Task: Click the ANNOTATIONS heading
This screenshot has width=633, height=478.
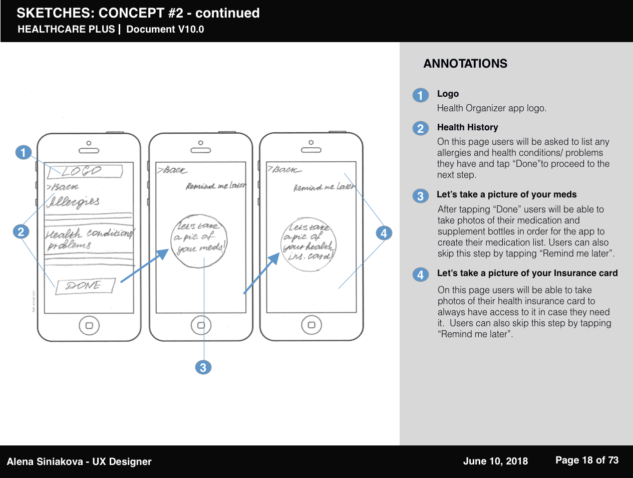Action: (465, 64)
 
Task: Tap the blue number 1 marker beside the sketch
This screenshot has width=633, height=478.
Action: (23, 152)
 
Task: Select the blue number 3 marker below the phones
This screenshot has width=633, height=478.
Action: (203, 367)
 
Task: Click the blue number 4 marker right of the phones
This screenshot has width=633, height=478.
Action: (384, 233)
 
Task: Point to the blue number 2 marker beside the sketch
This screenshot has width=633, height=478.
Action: (21, 231)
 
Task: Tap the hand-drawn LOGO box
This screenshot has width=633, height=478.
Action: (84, 171)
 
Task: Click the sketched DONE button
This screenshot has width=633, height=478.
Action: (85, 286)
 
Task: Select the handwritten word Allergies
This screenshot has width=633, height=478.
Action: (73, 202)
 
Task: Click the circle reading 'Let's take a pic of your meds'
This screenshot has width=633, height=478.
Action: (200, 240)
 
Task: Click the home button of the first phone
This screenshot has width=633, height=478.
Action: (89, 326)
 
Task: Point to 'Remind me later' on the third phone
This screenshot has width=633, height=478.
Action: (324, 187)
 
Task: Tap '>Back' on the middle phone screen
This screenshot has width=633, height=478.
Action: (173, 170)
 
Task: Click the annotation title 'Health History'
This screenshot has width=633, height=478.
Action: (467, 127)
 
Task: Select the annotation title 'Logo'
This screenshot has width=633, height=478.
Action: (448, 94)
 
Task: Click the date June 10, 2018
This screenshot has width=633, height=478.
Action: (495, 461)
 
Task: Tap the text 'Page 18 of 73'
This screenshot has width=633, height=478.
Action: (587, 460)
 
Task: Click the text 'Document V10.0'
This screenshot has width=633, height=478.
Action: (165, 29)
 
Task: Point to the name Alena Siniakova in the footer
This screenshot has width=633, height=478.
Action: (45, 461)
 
